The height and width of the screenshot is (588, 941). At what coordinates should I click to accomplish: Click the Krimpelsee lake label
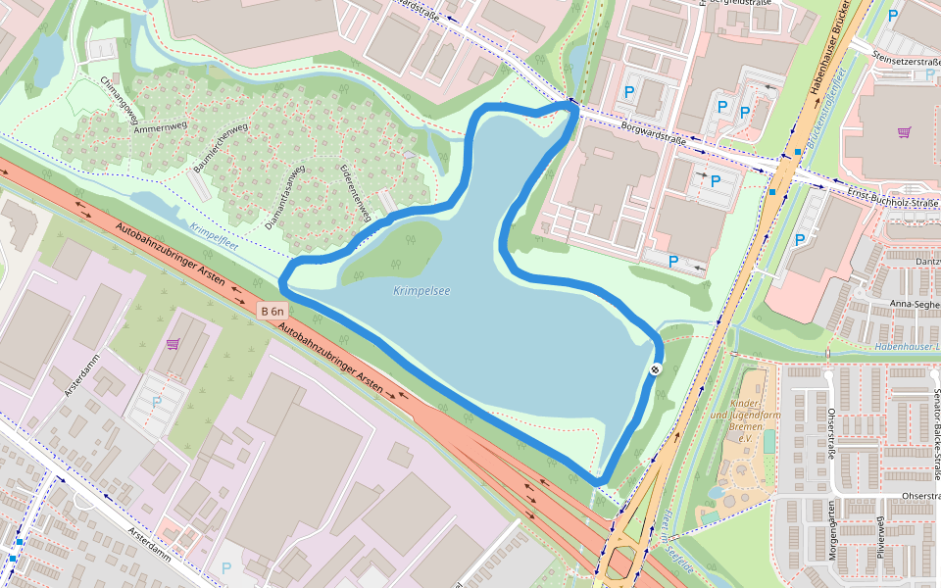click(x=421, y=291)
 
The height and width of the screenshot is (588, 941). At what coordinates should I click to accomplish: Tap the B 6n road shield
click(x=273, y=312)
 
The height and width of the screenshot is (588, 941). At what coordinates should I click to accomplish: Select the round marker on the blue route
click(x=654, y=368)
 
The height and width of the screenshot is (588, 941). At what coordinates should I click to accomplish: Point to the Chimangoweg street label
click(x=119, y=102)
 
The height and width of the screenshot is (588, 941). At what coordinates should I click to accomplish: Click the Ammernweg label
click(x=160, y=128)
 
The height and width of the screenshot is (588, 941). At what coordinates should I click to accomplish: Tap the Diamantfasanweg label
click(x=285, y=196)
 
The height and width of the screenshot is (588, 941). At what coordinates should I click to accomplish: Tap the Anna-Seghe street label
click(x=913, y=303)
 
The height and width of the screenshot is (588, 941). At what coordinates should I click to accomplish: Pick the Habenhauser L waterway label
click(x=907, y=347)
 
